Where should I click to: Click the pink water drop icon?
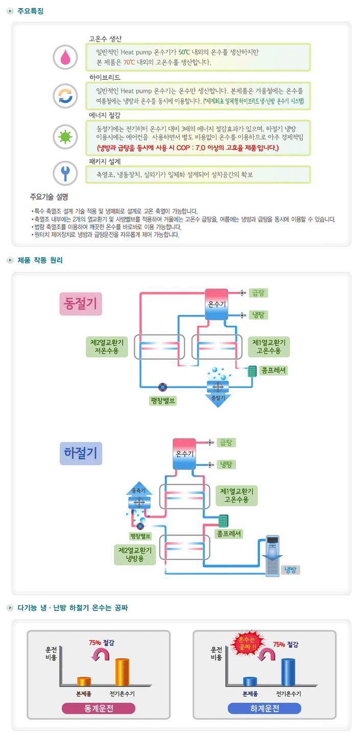(65, 57)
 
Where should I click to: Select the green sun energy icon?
(65, 136)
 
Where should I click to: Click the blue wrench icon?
(65, 173)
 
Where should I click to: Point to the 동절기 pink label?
(81, 304)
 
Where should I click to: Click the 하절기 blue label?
(81, 453)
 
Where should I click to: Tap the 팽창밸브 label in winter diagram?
(163, 400)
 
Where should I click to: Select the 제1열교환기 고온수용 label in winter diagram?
(269, 346)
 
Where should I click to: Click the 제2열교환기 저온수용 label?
(106, 346)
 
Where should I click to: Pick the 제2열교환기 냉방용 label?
(135, 555)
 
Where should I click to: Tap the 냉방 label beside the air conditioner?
(290, 570)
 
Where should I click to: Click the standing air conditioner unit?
(273, 556)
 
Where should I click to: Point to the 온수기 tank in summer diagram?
(184, 453)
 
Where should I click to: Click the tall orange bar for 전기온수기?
(122, 672)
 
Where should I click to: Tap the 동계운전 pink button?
(99, 708)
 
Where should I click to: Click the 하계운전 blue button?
(264, 708)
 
